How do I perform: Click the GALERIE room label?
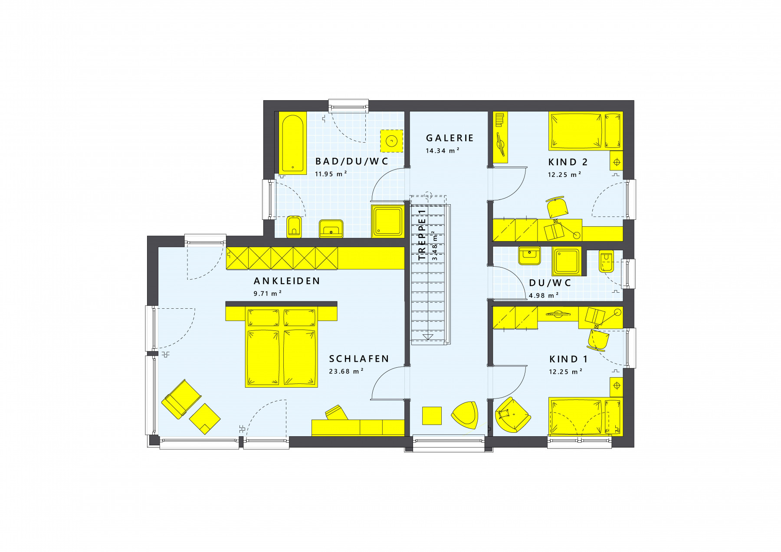point(450,138)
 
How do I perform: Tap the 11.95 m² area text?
point(331,173)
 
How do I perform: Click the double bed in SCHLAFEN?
point(282,347)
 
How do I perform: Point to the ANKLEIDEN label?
point(287,281)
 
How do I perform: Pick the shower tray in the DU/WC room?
point(566,261)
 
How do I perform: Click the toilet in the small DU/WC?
point(606,261)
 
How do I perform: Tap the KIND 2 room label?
point(568,162)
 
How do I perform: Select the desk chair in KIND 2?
point(557,207)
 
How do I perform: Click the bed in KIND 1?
point(585,416)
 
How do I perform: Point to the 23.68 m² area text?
point(346,371)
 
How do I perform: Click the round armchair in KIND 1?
point(512,415)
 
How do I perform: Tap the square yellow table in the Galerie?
point(432,416)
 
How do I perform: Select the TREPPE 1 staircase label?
point(422,235)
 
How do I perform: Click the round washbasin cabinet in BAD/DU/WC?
point(392,141)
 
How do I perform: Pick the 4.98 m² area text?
point(544,296)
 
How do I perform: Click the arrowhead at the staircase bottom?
point(428,336)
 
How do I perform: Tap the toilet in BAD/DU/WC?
point(294,227)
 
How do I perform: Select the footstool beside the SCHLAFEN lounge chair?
point(205,419)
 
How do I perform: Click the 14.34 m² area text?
point(442,151)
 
